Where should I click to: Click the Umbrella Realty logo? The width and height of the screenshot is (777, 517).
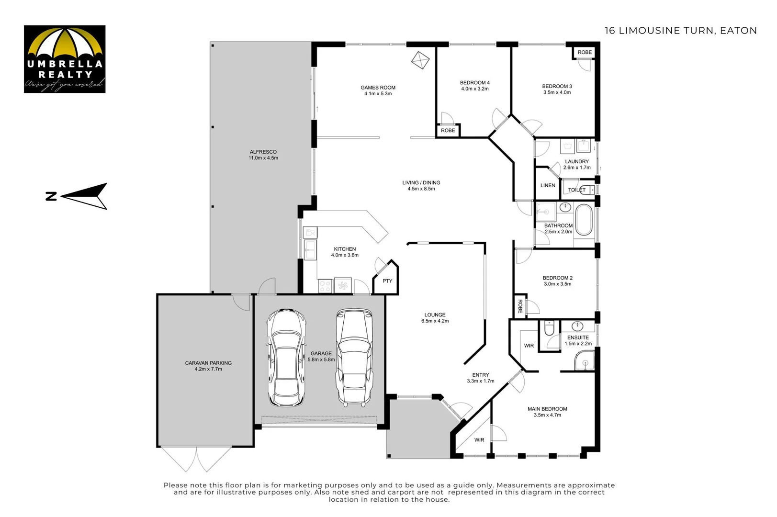[65, 59]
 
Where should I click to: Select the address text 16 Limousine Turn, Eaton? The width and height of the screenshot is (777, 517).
[680, 31]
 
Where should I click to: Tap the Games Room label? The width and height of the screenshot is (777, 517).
[378, 88]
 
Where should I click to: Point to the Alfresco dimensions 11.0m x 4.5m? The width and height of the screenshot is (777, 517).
[263, 158]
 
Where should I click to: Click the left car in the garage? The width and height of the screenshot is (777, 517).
[286, 357]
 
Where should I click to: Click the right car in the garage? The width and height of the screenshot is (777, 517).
[354, 357]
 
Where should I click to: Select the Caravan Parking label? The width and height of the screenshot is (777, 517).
[208, 363]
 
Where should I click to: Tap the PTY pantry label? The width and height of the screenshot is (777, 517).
[387, 281]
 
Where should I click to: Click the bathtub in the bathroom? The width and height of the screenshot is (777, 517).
[584, 220]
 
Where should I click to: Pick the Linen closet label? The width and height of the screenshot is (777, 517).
[548, 185]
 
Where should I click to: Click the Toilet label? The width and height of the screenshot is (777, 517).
[576, 190]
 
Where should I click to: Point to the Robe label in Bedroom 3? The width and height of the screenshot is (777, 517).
[585, 52]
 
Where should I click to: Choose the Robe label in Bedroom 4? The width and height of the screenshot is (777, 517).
[448, 130]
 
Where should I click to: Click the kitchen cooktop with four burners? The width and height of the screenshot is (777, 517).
[325, 286]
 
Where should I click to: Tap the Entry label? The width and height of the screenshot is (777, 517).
[481, 375]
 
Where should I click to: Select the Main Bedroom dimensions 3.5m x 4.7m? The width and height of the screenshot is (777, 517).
[547, 415]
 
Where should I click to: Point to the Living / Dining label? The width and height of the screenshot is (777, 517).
[421, 182]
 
